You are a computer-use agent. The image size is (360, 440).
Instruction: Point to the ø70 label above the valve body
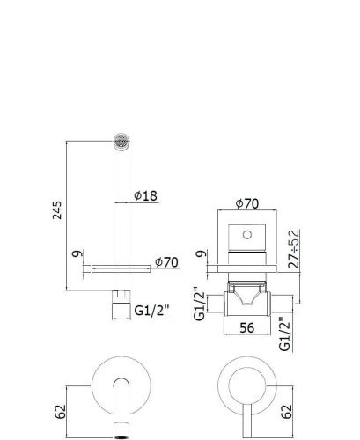(246, 204)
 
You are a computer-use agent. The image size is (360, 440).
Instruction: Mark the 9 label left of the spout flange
(77, 258)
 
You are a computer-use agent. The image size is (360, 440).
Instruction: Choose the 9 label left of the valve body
(202, 258)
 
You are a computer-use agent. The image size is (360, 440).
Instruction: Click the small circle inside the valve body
(248, 235)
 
